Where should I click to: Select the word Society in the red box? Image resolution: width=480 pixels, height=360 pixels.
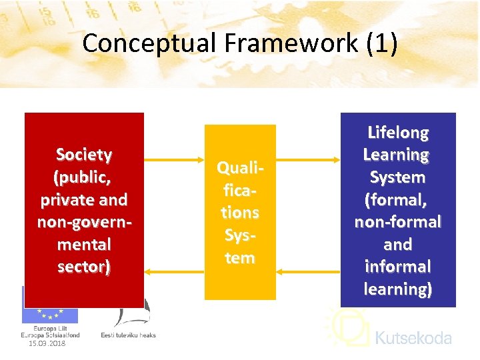point(84,155)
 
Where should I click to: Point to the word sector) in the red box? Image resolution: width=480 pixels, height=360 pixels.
point(84,267)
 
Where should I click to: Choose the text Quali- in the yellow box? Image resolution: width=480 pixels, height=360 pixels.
point(240,168)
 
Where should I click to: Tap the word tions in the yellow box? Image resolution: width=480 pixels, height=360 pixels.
point(240,213)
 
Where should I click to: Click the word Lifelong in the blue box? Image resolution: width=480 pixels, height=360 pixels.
point(398,132)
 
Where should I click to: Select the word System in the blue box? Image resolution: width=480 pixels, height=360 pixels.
point(398,177)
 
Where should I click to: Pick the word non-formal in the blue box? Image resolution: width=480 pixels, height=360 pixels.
point(398,222)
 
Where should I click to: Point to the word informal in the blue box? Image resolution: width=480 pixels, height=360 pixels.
point(398,267)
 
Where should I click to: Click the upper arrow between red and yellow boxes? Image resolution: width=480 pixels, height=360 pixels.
point(174,161)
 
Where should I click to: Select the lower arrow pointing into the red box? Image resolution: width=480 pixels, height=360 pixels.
point(174,271)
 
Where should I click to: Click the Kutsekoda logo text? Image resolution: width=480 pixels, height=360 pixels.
point(413,338)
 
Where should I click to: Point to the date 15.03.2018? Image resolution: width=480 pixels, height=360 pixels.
point(47,343)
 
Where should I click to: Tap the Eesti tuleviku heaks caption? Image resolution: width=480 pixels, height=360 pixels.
point(128,335)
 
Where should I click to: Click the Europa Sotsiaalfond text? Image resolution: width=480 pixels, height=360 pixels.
point(50,335)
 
